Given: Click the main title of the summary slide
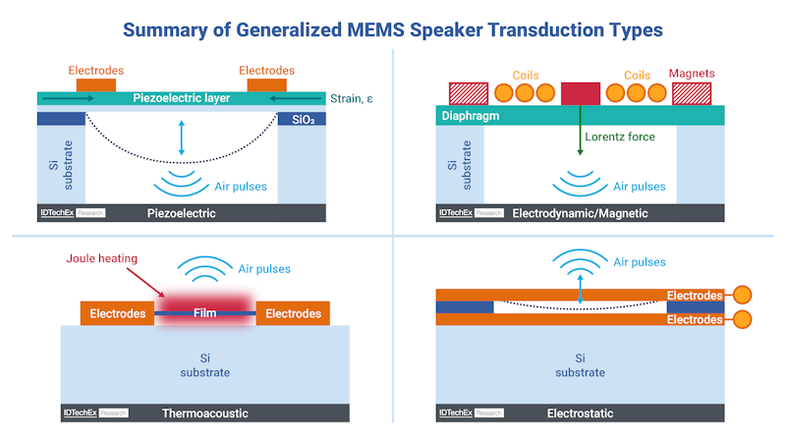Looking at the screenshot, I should point(393,29).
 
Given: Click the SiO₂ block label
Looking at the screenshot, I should point(304,118).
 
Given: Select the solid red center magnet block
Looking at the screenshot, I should point(581,93).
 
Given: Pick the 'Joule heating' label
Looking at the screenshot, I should point(102,259).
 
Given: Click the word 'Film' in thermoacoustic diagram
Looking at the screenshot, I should point(204,313).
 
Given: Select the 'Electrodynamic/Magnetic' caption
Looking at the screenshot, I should point(580,213).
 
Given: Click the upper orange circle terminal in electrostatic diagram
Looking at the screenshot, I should point(742,295).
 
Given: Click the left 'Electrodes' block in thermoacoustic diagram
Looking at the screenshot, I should point(117,313).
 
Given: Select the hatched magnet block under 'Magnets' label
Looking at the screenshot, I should point(693,93).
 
